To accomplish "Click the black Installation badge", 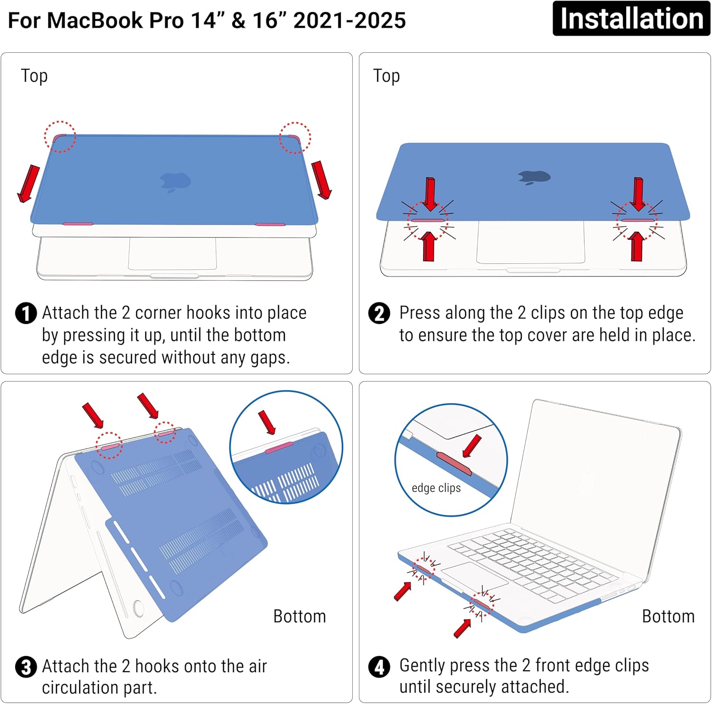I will point(631,19).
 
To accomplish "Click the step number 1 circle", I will point(26,314).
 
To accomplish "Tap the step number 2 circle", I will point(379,314).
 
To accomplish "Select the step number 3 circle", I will point(26,667).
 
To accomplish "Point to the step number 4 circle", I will point(379,667).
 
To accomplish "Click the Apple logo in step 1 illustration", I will point(175,182).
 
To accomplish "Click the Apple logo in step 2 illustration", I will point(534,177).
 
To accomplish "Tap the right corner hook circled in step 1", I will point(294,138).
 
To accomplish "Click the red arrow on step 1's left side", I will point(28,183).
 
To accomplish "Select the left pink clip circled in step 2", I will point(428,220).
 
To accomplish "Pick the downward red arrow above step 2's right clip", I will point(638,194).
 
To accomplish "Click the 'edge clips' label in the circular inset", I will point(436,488).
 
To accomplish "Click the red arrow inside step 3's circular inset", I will point(267,422).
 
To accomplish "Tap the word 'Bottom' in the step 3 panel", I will point(300,616).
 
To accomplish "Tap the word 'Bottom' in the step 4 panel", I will point(668,616).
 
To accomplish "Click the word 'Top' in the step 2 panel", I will point(386,76).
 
